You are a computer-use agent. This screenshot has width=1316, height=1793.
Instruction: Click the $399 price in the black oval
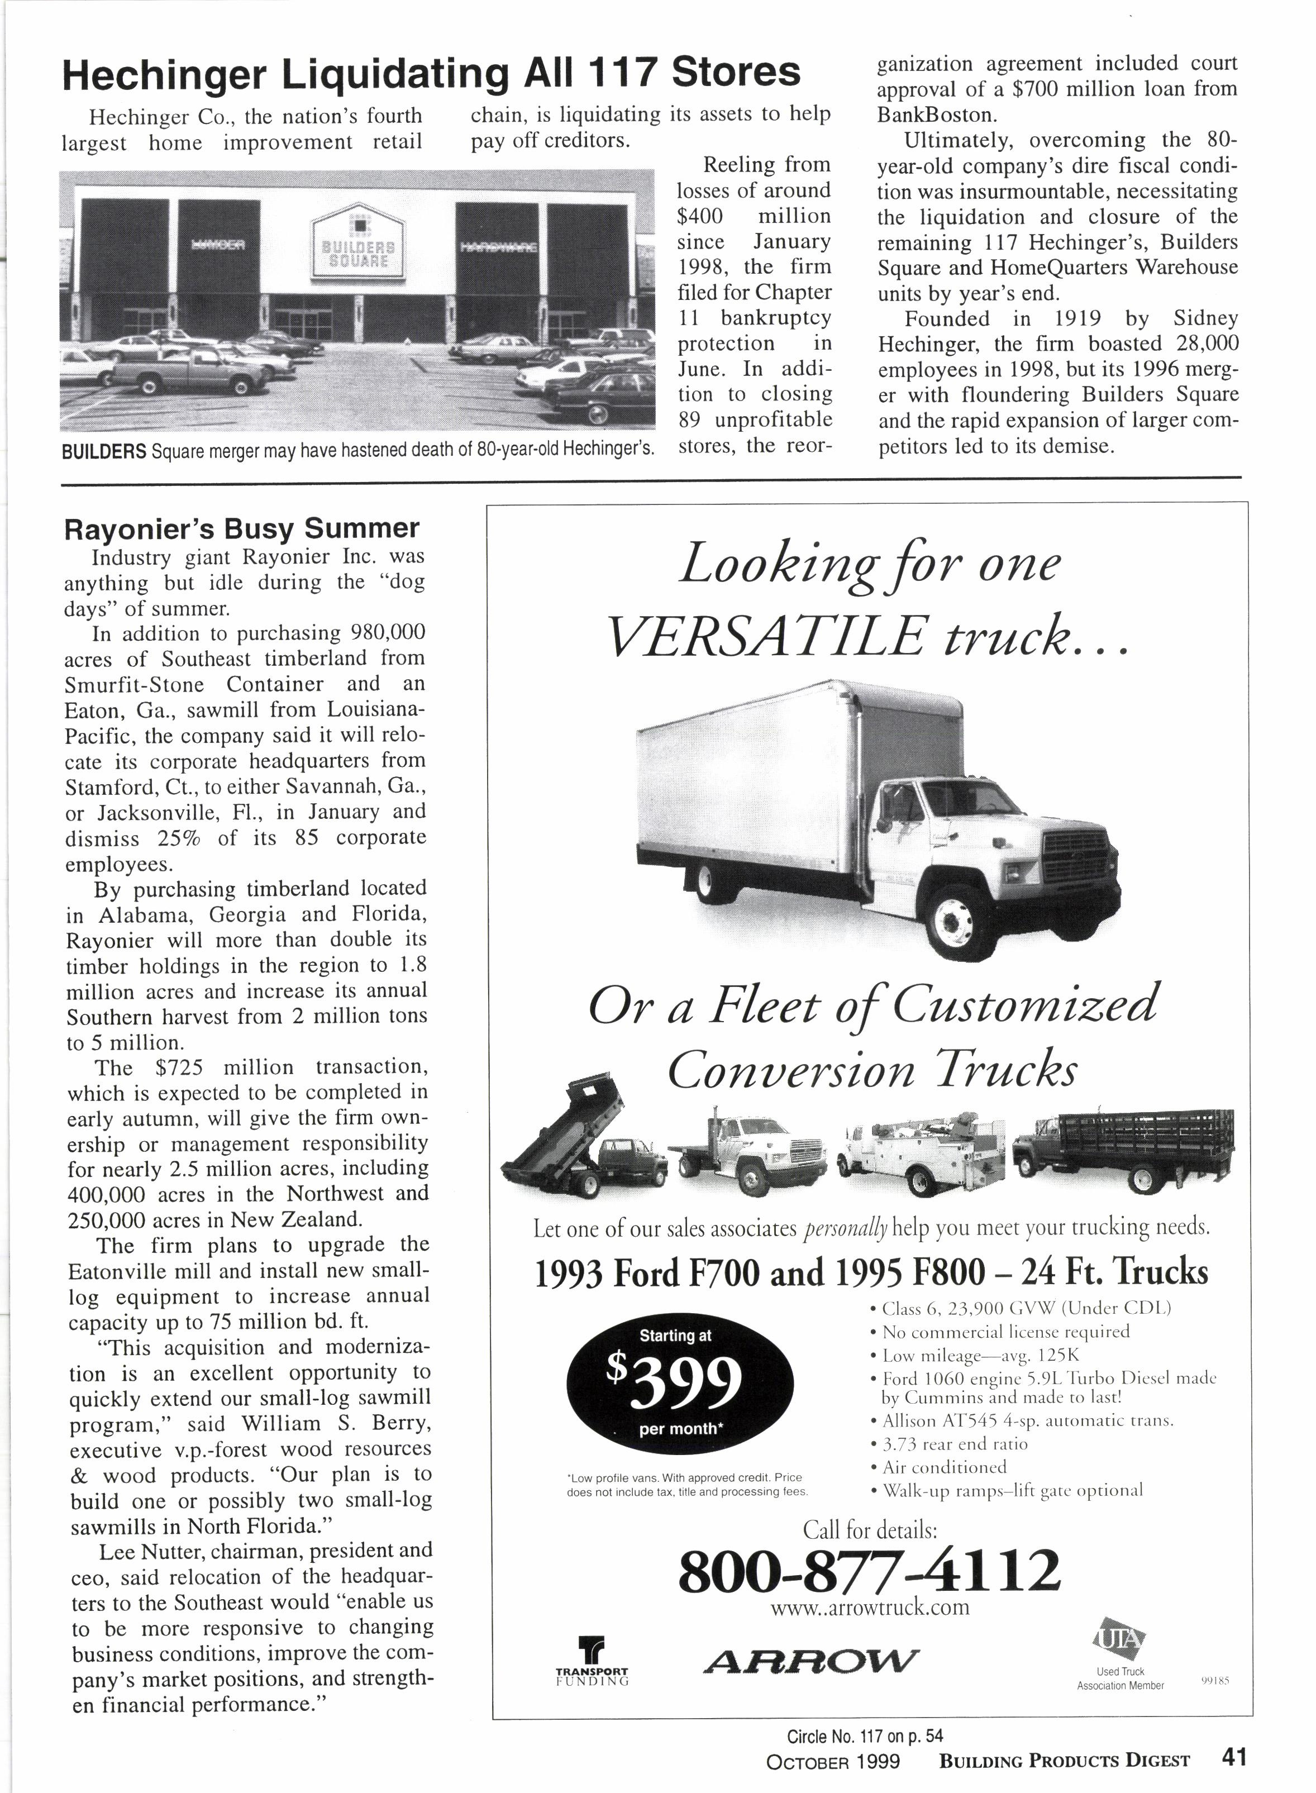[x=680, y=1383]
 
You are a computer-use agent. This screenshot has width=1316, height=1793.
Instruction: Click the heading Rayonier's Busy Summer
[x=241, y=528]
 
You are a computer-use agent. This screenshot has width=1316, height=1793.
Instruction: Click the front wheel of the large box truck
[x=953, y=922]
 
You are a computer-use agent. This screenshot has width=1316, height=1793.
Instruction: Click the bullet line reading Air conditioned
[x=945, y=1466]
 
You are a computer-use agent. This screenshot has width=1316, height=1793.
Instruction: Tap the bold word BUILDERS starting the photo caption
[x=103, y=452]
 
